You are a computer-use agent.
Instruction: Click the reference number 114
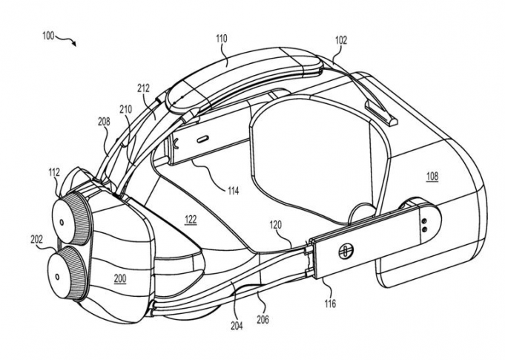233,191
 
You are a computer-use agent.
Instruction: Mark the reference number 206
263,320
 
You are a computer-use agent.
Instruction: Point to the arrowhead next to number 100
73,44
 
